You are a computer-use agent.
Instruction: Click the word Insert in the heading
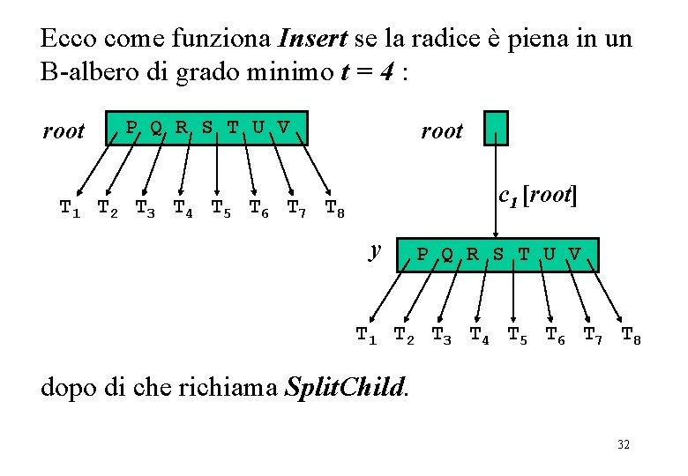tap(312, 39)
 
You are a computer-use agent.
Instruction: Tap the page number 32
tap(624, 445)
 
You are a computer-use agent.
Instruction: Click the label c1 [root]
tap(537, 196)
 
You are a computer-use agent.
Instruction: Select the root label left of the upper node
tap(64, 131)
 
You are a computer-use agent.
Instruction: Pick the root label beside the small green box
tap(442, 131)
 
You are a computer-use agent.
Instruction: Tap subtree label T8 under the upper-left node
tap(335, 209)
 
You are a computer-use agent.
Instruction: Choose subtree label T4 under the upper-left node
tap(184, 209)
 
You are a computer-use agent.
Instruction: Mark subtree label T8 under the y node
tap(632, 335)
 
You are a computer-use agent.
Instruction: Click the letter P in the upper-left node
tap(131, 127)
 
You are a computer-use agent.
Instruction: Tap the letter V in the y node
tap(575, 254)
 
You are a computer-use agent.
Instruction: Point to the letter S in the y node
tap(498, 254)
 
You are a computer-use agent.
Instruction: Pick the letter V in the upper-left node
tap(282, 127)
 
